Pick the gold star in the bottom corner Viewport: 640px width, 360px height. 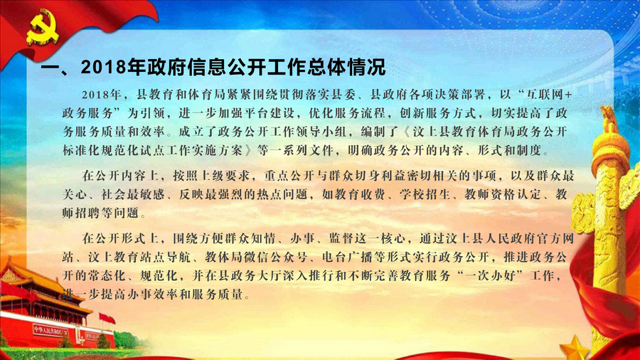575,348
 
